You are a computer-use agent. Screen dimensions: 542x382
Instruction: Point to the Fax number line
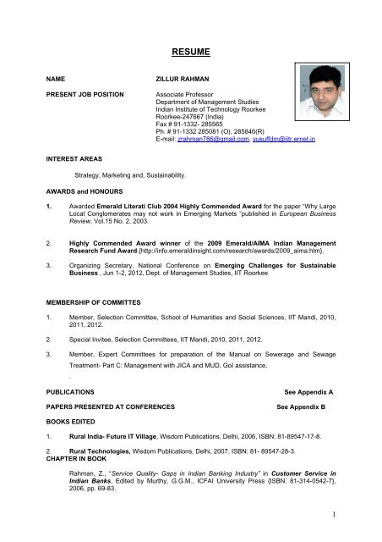(180, 124)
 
